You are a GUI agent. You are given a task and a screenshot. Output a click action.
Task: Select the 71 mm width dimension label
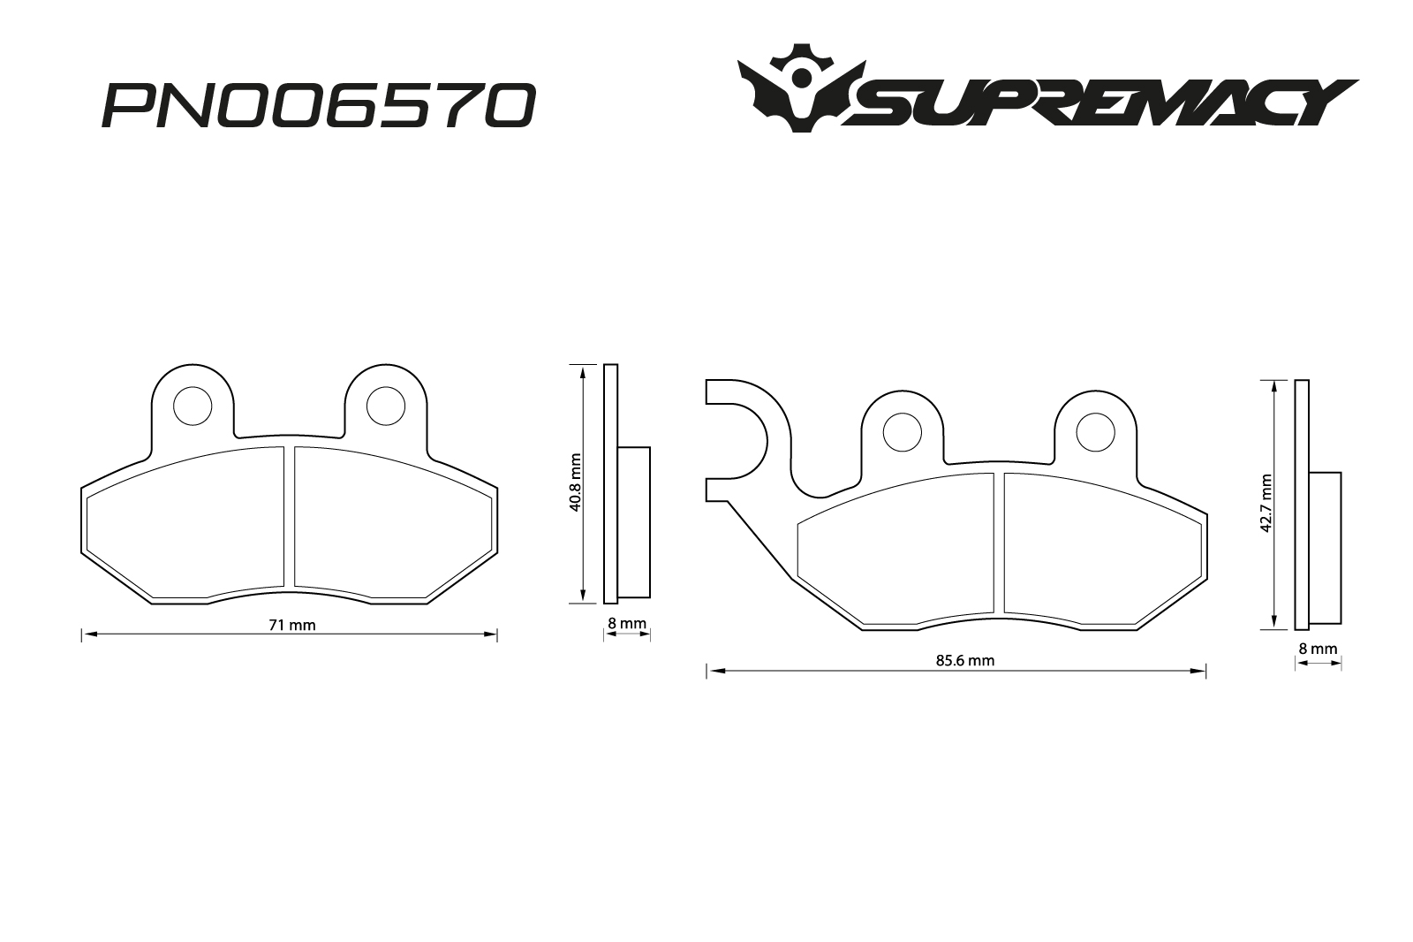pos(291,625)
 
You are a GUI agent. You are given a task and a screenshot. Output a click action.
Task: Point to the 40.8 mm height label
pos(575,483)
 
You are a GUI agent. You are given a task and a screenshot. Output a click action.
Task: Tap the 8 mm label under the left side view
pos(627,624)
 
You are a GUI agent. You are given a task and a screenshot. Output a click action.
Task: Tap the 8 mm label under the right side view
pos(1318,649)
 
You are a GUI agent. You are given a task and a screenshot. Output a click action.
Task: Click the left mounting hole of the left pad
pos(193,406)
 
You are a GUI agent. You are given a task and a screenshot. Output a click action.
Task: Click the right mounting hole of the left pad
pos(386,406)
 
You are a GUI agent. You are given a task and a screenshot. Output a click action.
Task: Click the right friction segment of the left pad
pos(389,521)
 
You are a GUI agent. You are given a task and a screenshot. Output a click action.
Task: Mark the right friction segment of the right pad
pos(1099,548)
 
